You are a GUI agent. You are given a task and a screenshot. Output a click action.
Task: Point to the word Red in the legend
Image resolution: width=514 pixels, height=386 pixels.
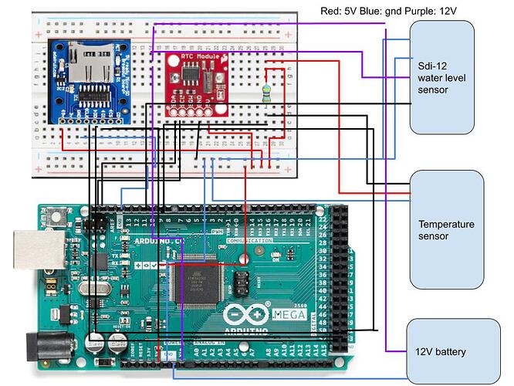(330, 8)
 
